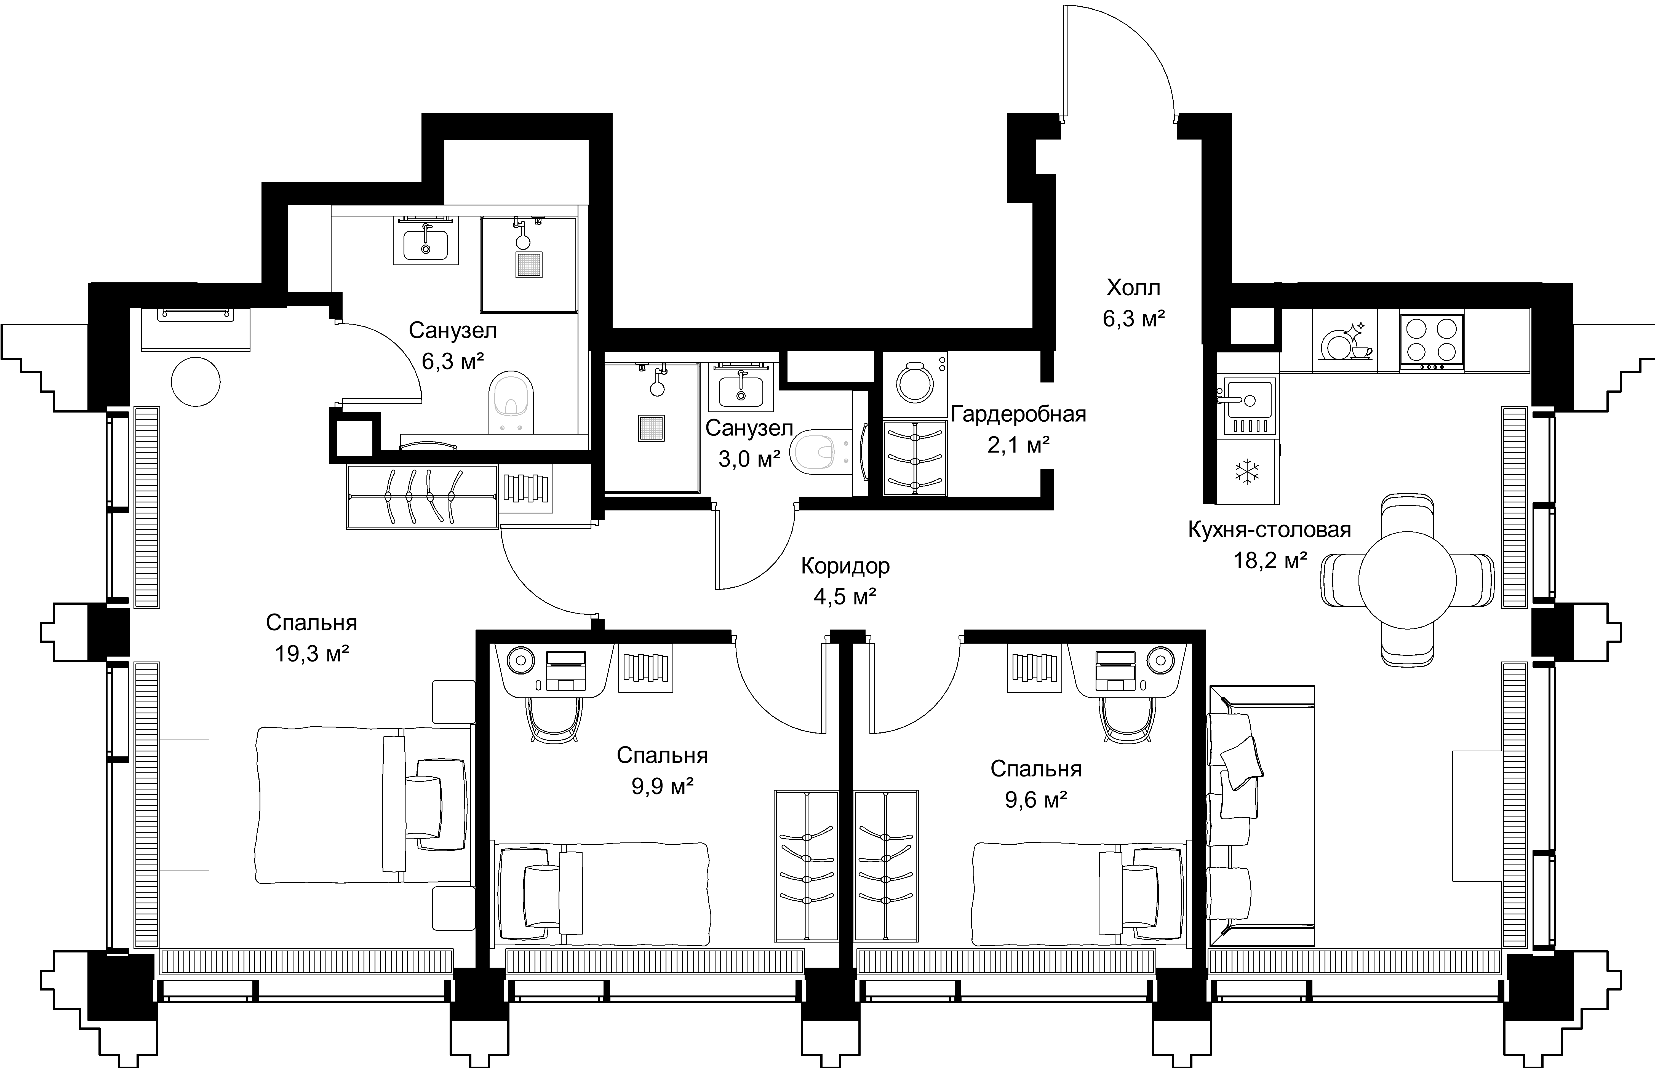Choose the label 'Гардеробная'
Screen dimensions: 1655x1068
(x=1018, y=415)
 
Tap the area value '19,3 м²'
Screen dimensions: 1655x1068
(x=311, y=653)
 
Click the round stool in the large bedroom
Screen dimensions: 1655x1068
(x=196, y=381)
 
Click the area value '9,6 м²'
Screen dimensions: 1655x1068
(x=1035, y=800)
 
